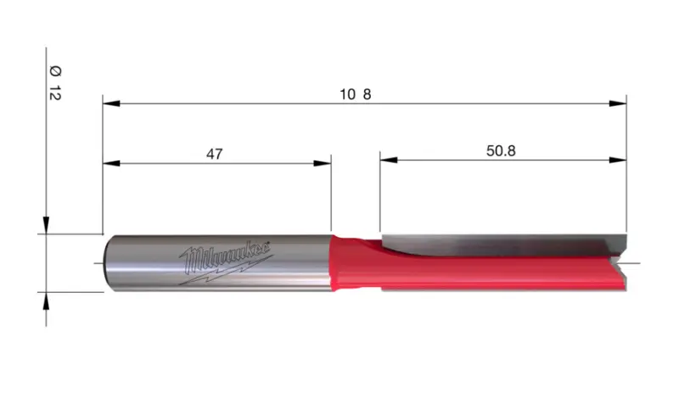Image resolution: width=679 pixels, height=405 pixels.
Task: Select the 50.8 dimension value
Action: click(502, 150)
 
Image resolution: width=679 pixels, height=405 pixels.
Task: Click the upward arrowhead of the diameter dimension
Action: click(46, 301)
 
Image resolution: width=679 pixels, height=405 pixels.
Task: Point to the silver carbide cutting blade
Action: click(501, 244)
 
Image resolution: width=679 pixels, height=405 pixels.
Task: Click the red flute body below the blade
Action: click(501, 276)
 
